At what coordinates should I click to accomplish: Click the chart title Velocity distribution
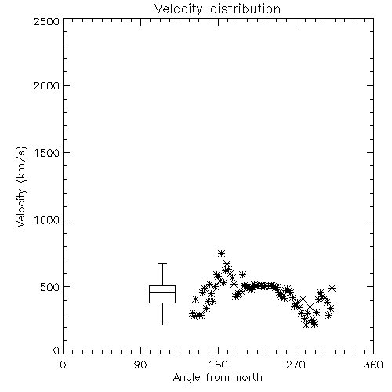(217, 9)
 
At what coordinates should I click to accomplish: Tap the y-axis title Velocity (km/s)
(21, 187)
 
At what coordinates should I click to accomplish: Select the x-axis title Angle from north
(218, 377)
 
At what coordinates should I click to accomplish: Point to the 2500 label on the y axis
(46, 21)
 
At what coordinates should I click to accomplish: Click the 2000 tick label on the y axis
(46, 85)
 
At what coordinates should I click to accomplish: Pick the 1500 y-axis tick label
(47, 153)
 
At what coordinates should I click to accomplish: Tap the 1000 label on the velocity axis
(47, 220)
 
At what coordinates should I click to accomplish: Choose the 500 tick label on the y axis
(50, 287)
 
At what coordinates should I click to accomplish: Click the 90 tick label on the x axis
(140, 365)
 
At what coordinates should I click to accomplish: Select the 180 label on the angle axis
(218, 365)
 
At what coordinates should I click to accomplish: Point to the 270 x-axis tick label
(296, 365)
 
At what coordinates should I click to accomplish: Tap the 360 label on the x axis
(373, 365)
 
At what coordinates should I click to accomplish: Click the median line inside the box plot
(162, 292)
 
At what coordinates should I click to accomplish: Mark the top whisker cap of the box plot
(162, 264)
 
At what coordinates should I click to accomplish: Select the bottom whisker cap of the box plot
(162, 325)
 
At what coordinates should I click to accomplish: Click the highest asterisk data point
(221, 253)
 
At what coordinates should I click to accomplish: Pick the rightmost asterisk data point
(332, 288)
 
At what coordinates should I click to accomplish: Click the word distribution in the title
(245, 9)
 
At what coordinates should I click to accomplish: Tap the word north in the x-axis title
(249, 377)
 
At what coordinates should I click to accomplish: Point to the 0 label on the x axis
(63, 365)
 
